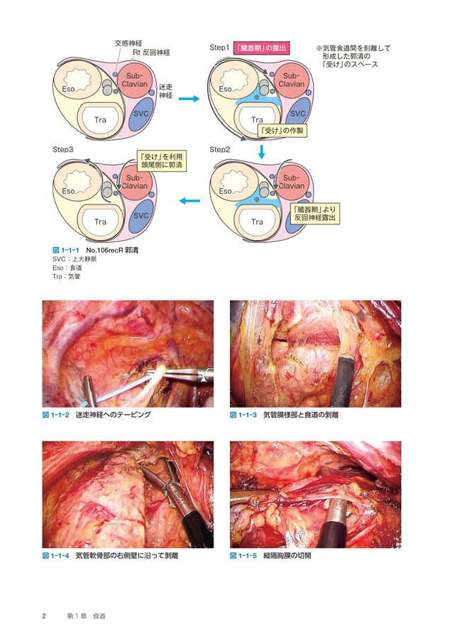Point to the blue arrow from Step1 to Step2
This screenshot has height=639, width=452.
click(x=262, y=151)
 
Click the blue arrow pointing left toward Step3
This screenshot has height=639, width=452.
click(x=189, y=202)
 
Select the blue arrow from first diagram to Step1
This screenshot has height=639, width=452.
click(x=188, y=99)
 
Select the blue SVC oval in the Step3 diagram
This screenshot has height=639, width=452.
click(x=141, y=215)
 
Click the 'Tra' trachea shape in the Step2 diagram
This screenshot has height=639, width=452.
click(x=257, y=222)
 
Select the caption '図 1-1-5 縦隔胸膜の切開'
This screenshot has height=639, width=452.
click(x=270, y=555)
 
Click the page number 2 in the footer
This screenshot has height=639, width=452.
click(x=44, y=615)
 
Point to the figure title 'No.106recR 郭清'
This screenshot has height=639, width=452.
click(x=111, y=251)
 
